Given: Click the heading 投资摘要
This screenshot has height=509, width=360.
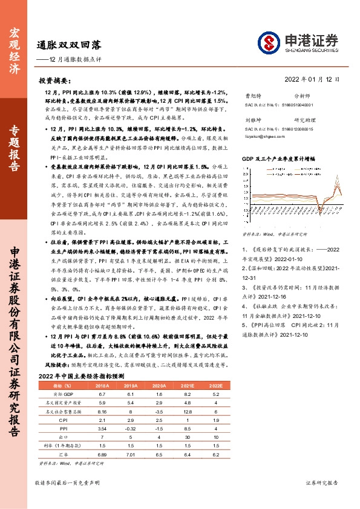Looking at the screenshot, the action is coord(55,80).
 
